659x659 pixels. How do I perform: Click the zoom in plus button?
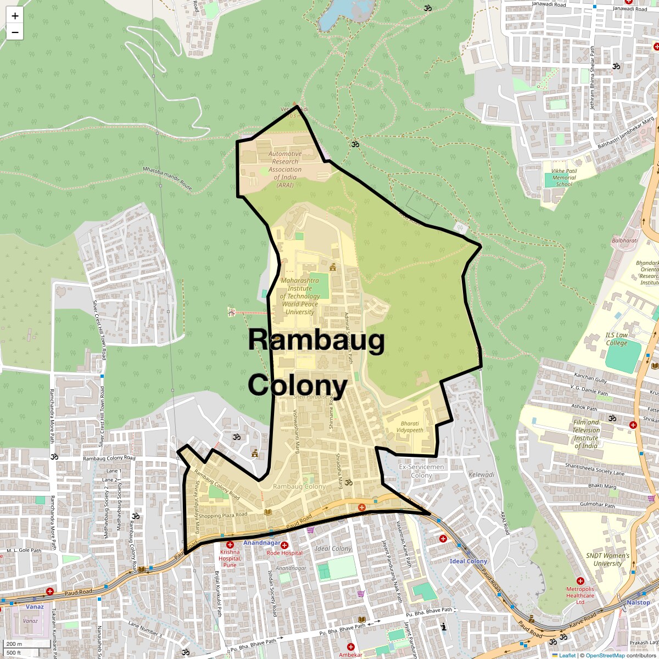click(15, 15)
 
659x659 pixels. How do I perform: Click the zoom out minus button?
click(15, 32)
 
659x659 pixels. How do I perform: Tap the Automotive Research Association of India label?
click(285, 169)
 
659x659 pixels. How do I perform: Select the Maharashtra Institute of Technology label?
click(299, 296)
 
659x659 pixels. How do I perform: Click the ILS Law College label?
click(616, 339)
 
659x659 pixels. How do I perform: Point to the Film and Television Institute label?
click(586, 434)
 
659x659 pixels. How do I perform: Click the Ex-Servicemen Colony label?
click(421, 471)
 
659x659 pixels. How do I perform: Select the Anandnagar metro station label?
click(262, 543)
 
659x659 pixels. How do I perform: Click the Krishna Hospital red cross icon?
click(230, 544)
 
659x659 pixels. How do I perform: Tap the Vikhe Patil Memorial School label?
click(564, 177)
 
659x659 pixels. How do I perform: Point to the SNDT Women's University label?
click(607, 559)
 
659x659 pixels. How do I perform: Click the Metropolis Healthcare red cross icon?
click(580, 581)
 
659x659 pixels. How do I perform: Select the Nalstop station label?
click(638, 602)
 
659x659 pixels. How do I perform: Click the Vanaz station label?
click(35, 607)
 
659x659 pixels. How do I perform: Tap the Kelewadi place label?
click(482, 474)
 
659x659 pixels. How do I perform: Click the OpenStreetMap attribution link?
click(605, 655)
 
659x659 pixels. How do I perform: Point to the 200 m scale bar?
click(15, 644)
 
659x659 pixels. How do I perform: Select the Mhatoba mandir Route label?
click(167, 179)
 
